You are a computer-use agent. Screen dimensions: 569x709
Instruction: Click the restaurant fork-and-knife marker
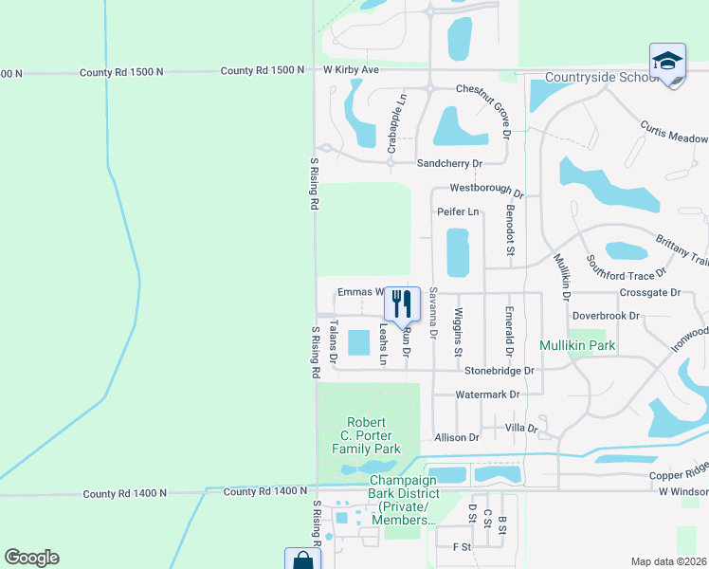pos(402,303)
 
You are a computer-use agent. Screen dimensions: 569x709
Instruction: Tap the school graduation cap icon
pos(667,63)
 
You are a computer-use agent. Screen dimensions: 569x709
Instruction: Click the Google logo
pos(31,558)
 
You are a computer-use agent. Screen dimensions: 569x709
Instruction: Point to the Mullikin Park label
pos(578,345)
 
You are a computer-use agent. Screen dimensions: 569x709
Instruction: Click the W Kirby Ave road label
pos(351,70)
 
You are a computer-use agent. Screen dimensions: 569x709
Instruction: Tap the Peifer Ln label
pos(458,212)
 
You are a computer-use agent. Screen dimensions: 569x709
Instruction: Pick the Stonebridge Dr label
pos(493,370)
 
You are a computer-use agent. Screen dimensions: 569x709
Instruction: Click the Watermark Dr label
pos(488,394)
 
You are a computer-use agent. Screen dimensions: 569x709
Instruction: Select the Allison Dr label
pos(457,437)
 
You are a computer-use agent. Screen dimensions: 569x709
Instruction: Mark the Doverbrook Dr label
pos(607,315)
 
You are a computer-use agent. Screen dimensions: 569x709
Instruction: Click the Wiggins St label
pos(459,332)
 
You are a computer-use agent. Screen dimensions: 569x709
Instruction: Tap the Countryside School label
pos(601,77)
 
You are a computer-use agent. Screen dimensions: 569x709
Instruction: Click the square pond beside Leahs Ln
pos(359,342)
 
